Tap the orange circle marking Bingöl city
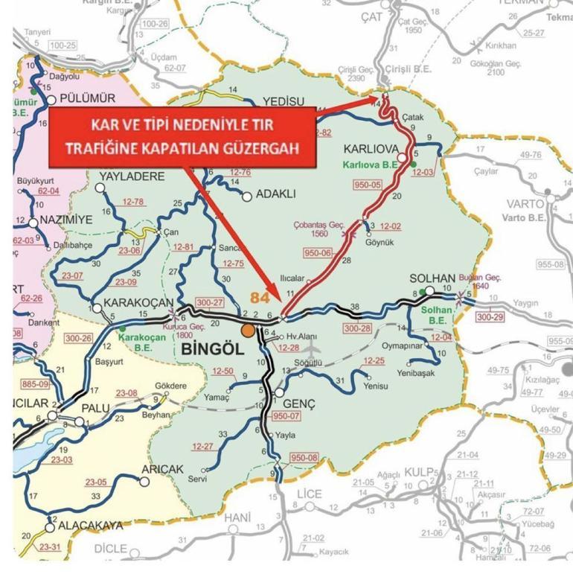(248, 330)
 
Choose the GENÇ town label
(301, 403)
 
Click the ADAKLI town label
(275, 194)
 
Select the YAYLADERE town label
(131, 176)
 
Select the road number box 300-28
(357, 328)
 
